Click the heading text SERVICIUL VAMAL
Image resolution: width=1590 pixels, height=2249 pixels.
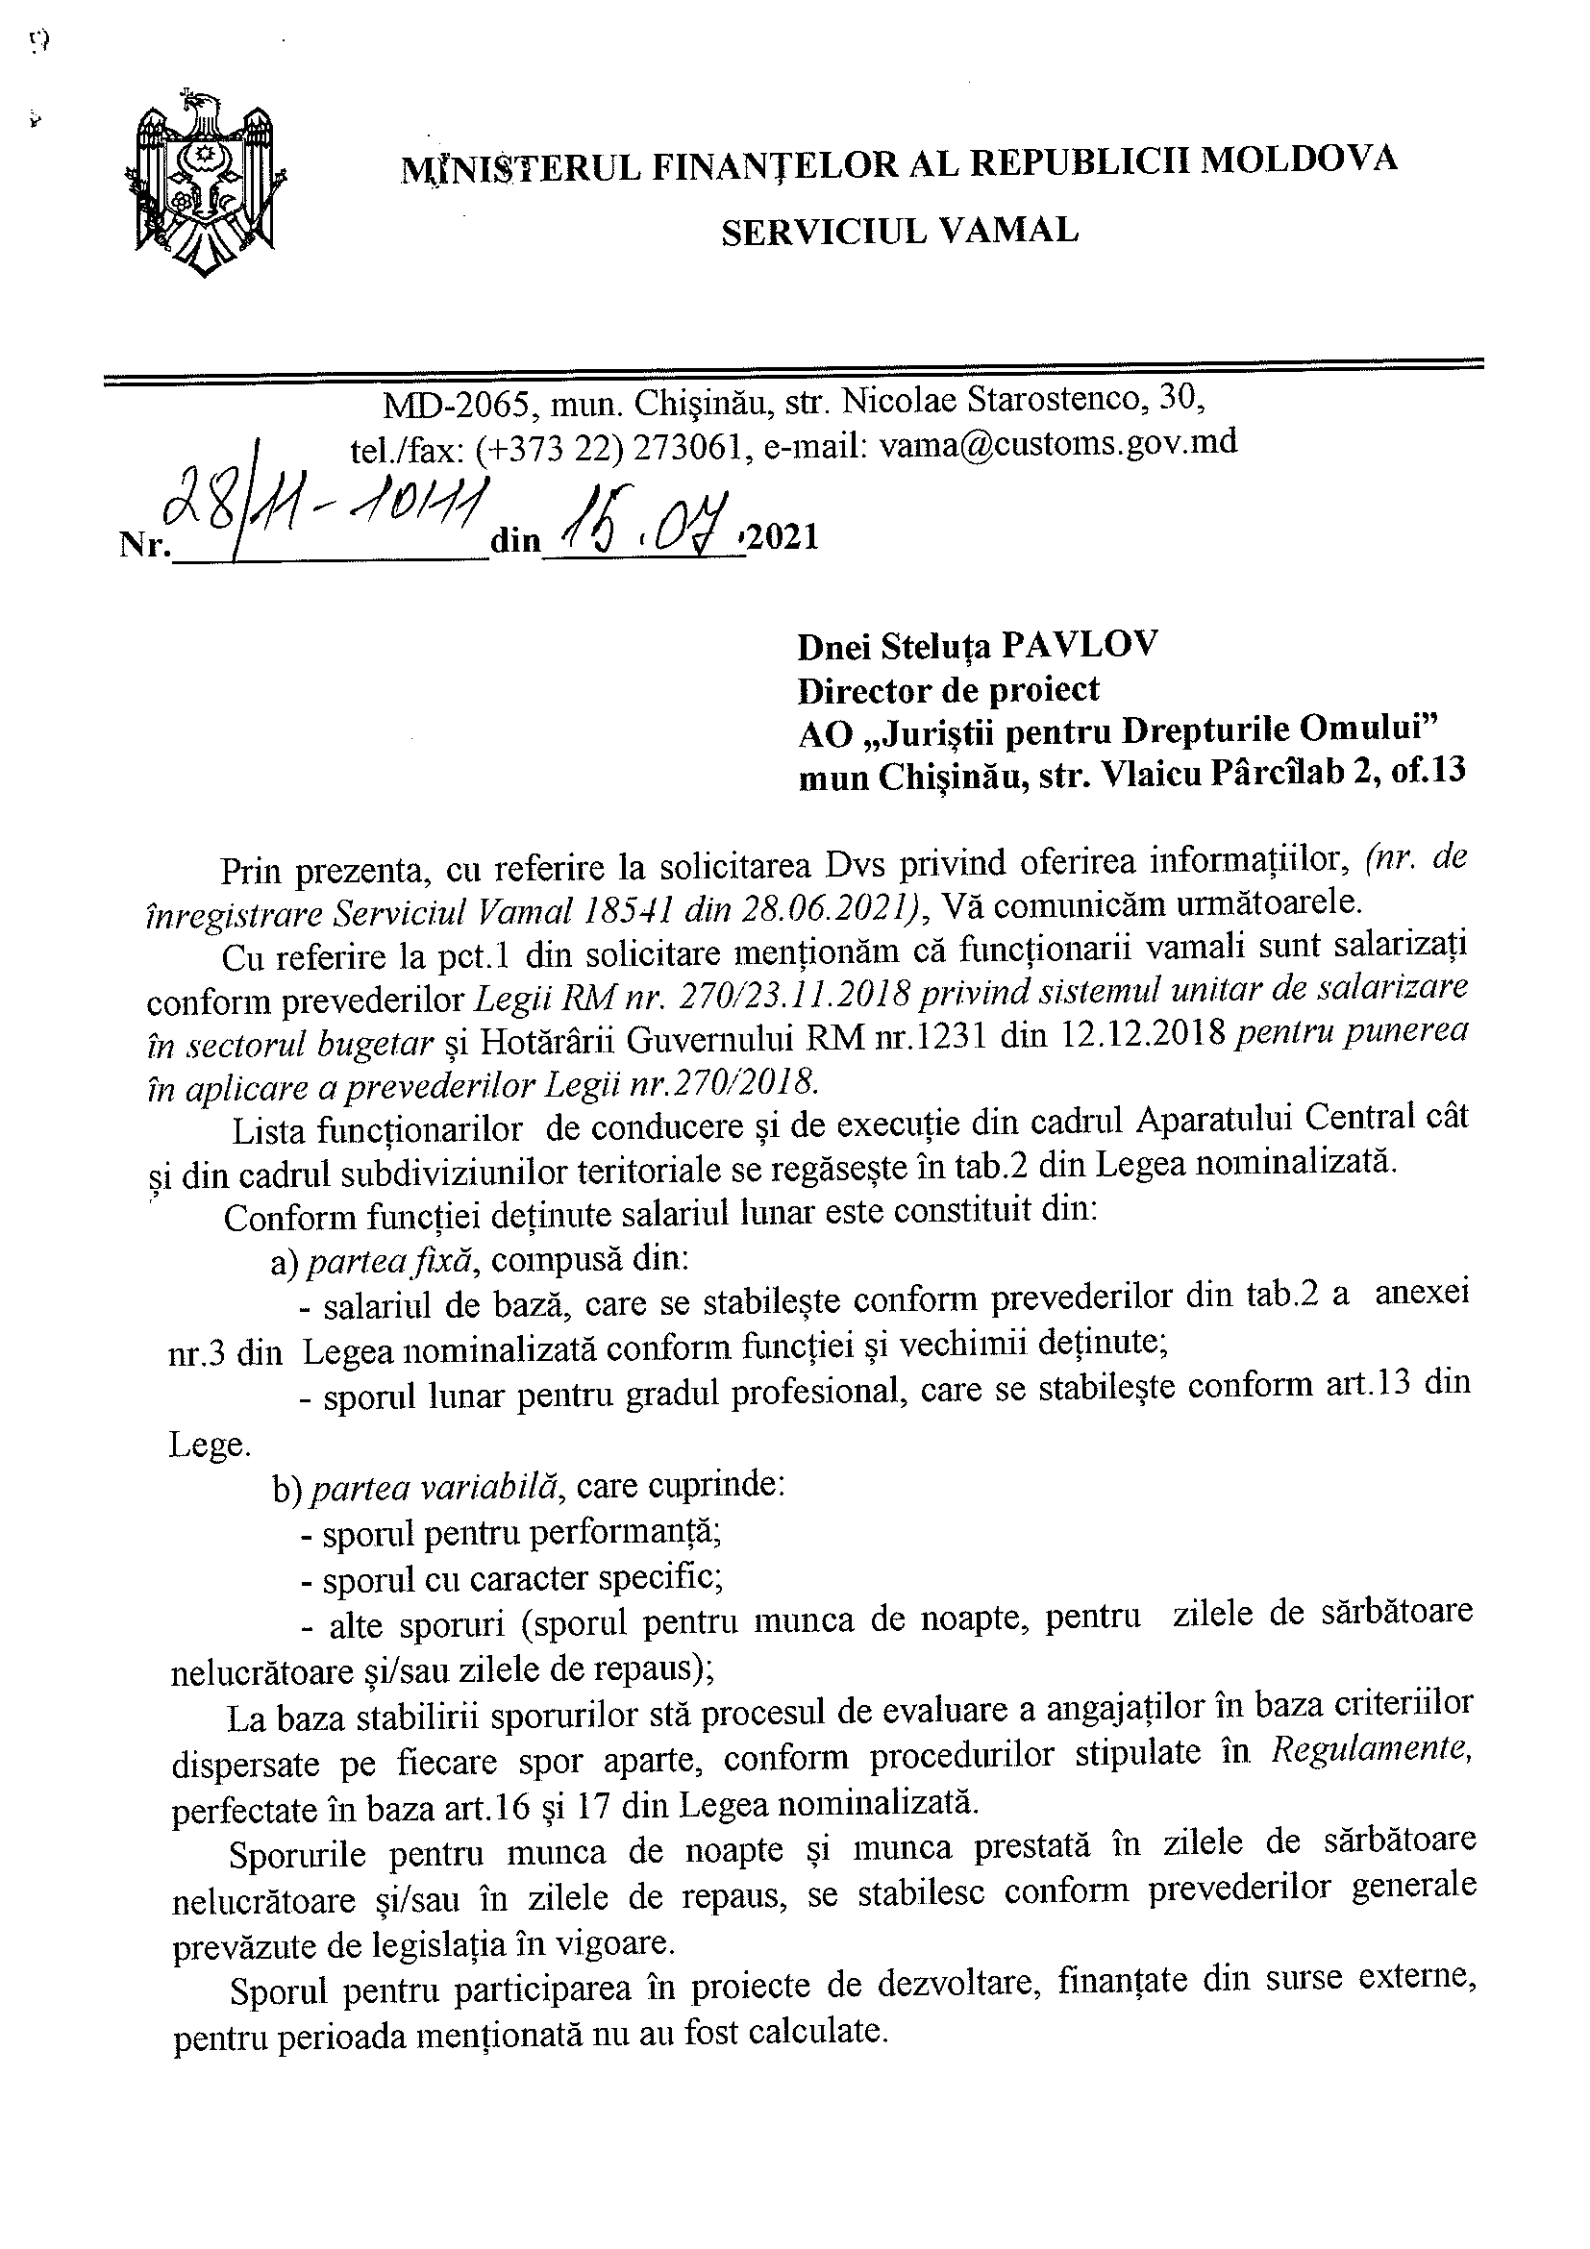coord(900,231)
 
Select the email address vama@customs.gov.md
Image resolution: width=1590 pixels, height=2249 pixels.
coord(1058,443)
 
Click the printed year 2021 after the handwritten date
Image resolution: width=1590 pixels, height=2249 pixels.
coord(783,537)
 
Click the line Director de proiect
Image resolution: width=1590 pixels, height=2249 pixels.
coord(948,689)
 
